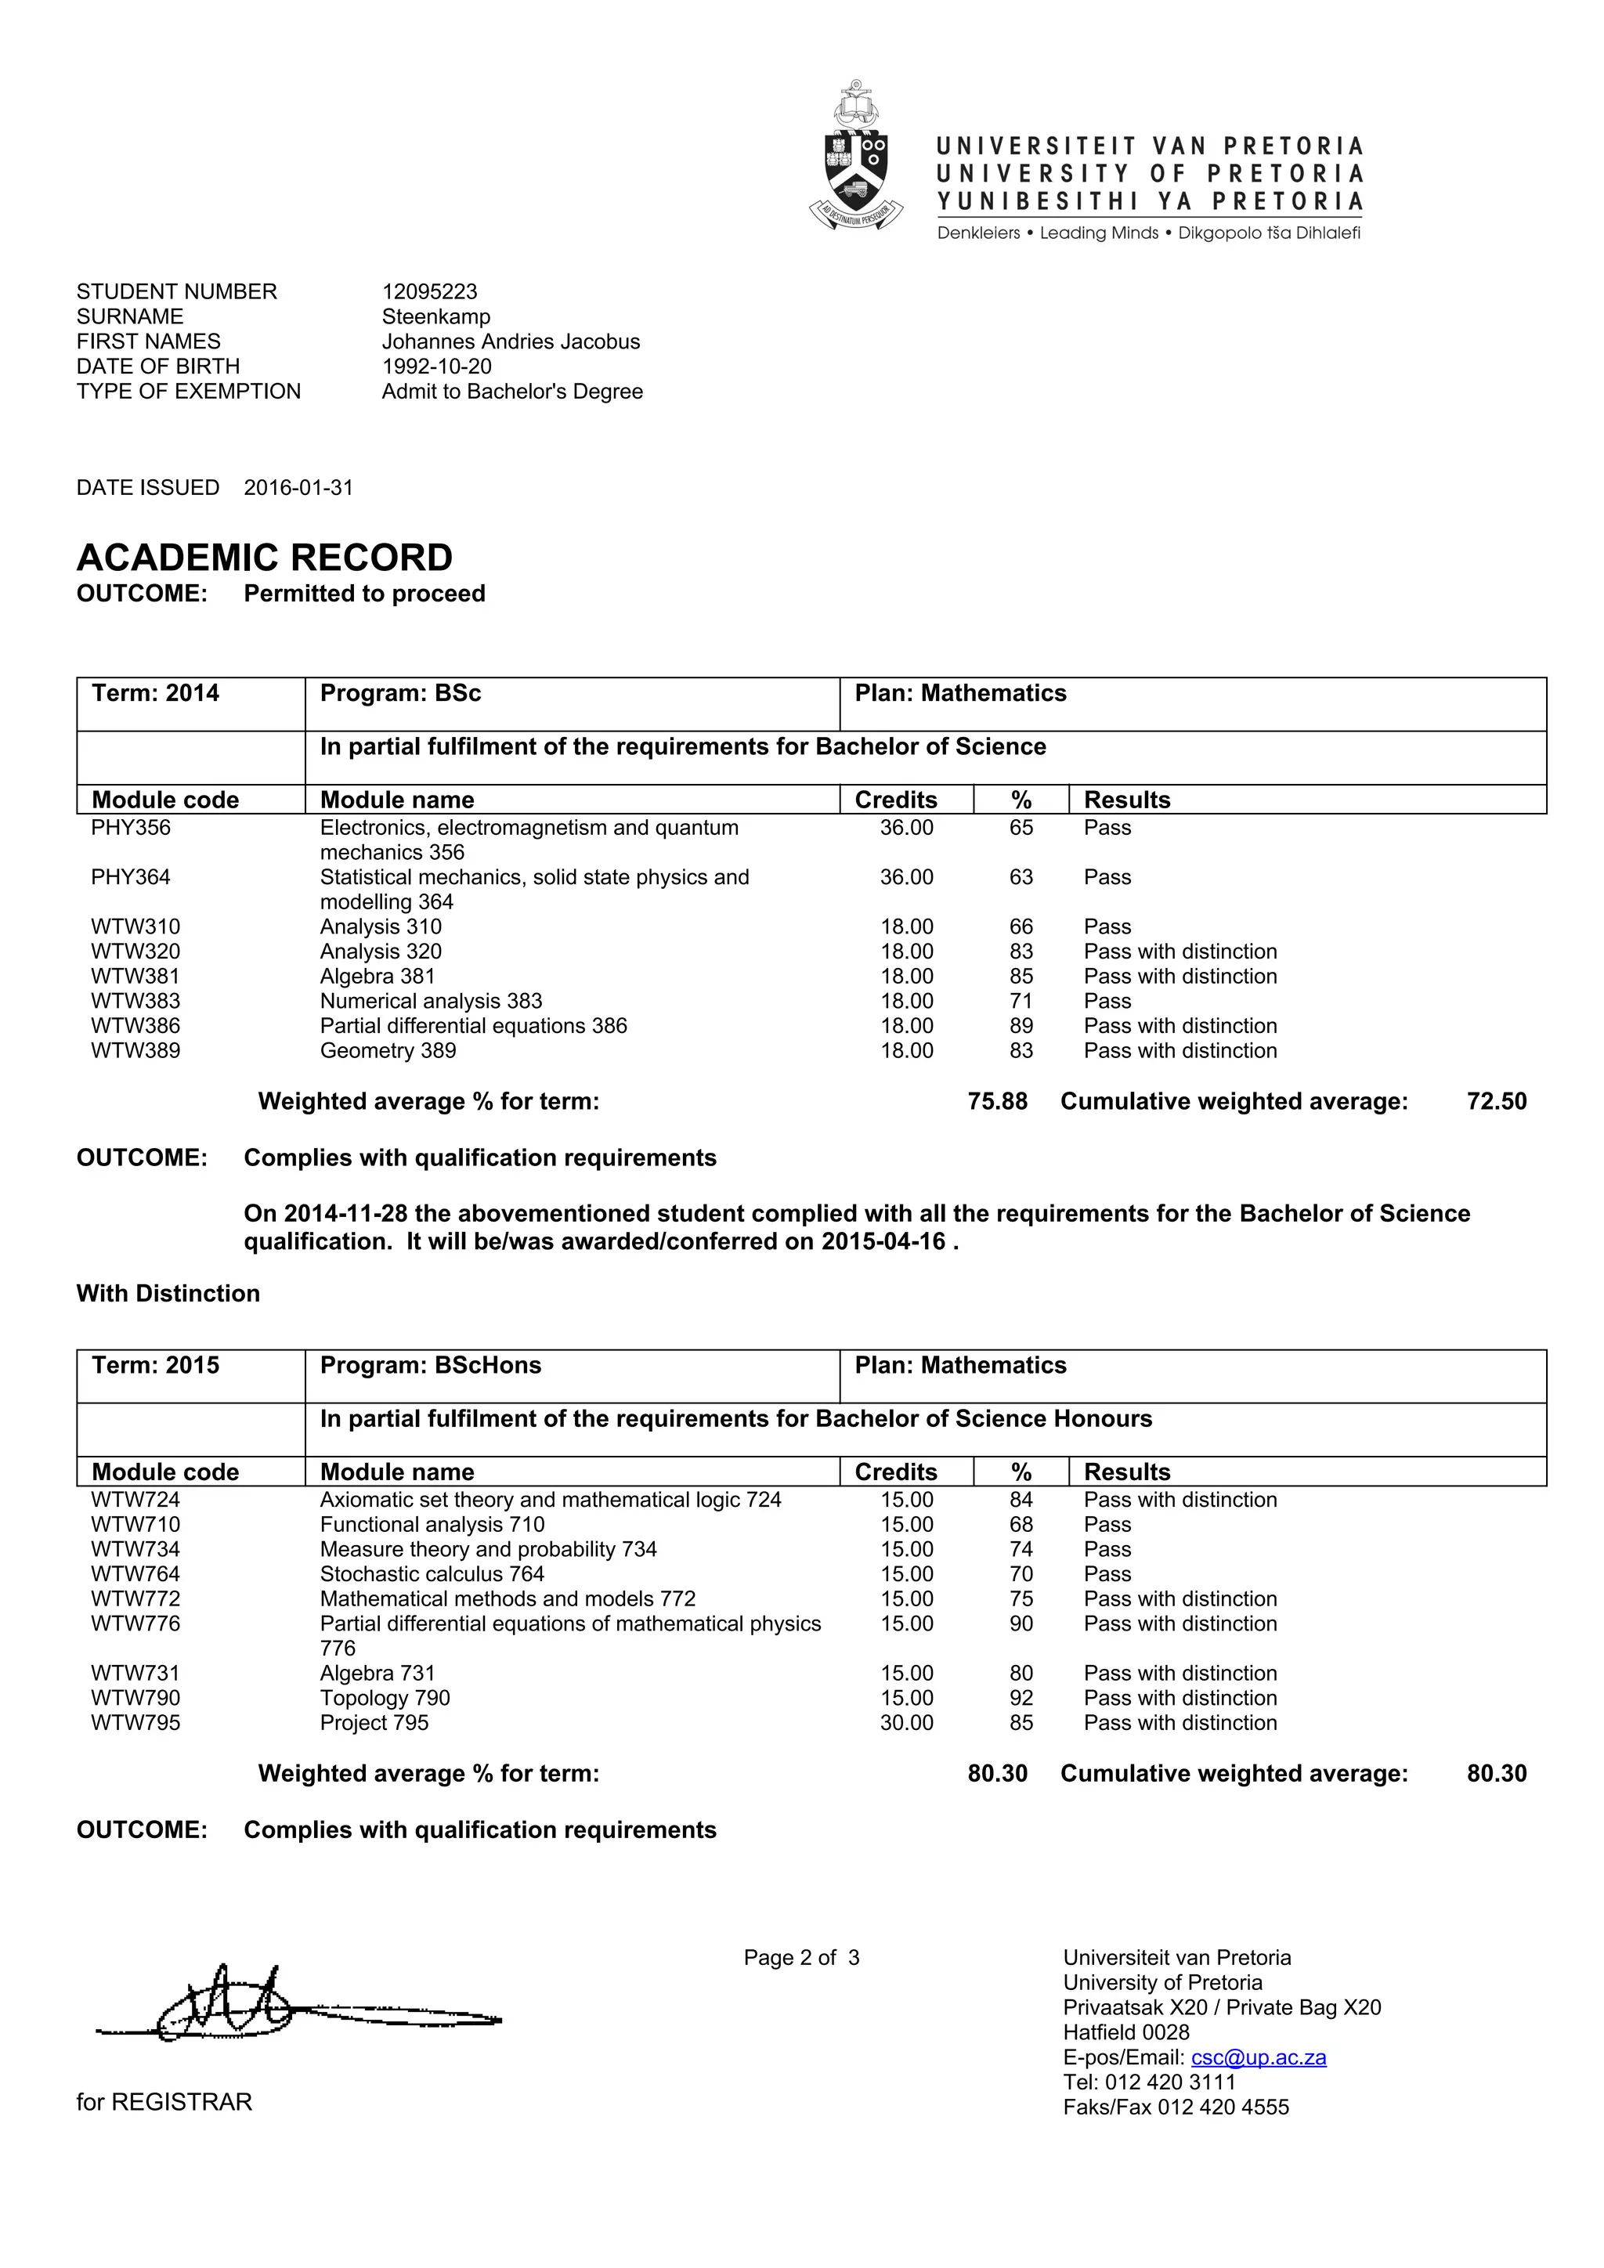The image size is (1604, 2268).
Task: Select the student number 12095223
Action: click(x=430, y=291)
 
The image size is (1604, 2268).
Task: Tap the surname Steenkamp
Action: click(x=435, y=316)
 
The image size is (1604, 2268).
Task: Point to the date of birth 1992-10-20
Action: click(x=436, y=366)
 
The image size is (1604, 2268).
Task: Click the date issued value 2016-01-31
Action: click(x=298, y=488)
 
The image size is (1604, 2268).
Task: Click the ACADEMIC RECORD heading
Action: click(x=265, y=558)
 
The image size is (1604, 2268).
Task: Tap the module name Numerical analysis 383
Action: click(x=431, y=1001)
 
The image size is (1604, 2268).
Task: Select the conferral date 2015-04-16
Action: click(x=883, y=1241)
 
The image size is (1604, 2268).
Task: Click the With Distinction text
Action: click(x=168, y=1294)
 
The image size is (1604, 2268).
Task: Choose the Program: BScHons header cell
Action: click(x=431, y=1365)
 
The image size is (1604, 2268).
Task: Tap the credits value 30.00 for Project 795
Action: click(x=907, y=1723)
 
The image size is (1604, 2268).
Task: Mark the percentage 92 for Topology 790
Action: click(x=1021, y=1698)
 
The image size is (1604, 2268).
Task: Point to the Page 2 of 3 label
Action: click(x=801, y=1958)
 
